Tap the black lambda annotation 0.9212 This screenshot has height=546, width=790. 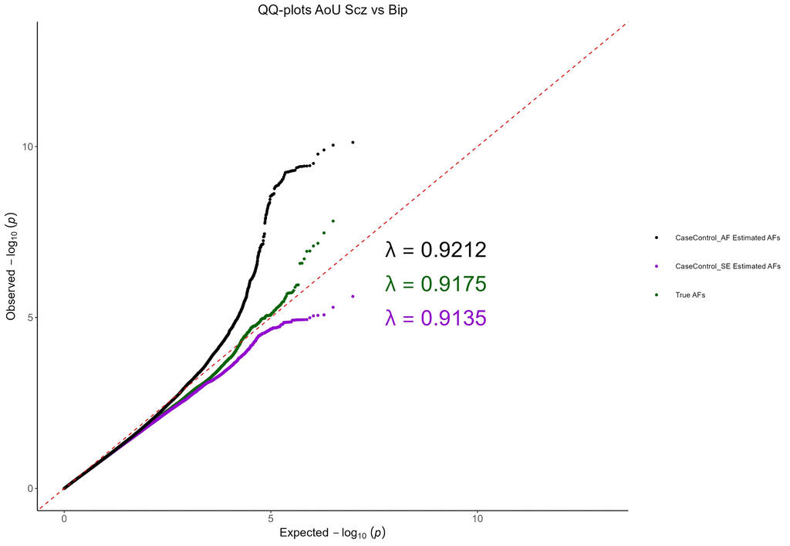[436, 250]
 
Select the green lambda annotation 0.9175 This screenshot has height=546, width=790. [436, 284]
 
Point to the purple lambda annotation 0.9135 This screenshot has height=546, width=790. [436, 318]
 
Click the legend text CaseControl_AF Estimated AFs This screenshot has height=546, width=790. [728, 238]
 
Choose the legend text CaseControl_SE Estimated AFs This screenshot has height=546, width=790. [728, 266]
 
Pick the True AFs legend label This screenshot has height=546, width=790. [690, 295]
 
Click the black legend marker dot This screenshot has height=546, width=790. [656, 238]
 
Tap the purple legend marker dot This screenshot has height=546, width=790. [656, 267]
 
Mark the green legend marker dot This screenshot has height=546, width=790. [656, 295]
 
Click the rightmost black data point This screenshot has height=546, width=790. [353, 143]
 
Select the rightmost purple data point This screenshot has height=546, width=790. [353, 297]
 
